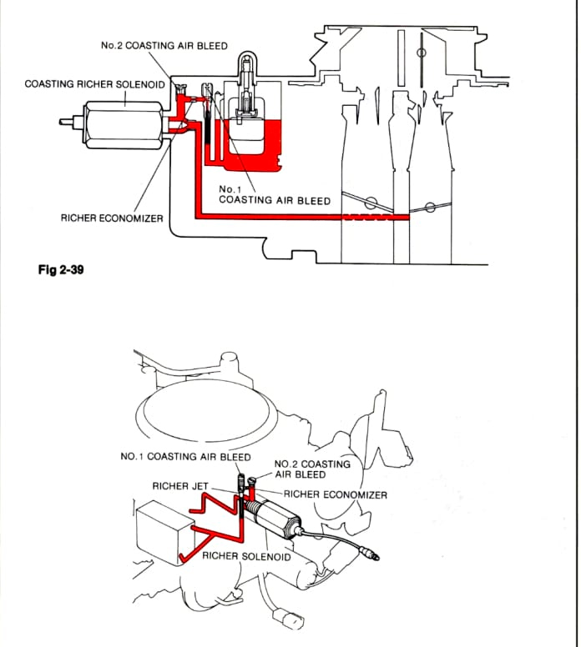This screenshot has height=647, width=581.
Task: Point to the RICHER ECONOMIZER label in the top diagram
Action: coord(112,218)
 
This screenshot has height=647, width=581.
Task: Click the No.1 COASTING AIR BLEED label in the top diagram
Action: coord(274,195)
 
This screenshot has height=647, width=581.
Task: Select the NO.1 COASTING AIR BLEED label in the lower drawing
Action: coord(185,457)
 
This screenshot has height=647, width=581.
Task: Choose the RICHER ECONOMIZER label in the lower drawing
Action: coord(335,494)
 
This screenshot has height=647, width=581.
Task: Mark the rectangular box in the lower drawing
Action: coord(162,530)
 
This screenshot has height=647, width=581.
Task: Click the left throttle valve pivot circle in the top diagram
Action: coord(371,201)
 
